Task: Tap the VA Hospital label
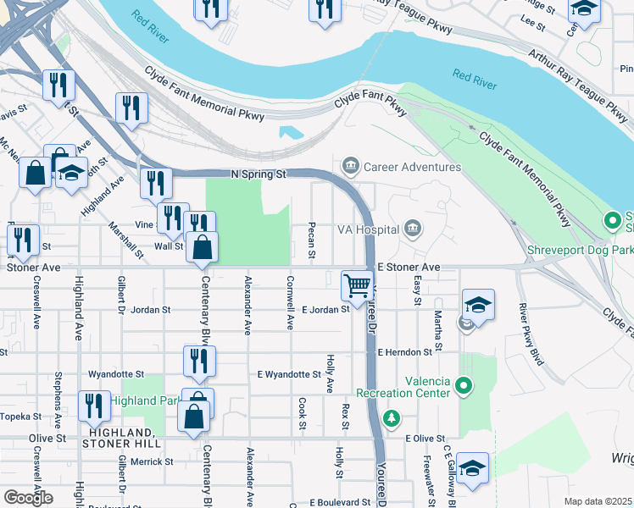(x=367, y=229)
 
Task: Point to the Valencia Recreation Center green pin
(x=463, y=387)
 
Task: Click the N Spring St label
(x=259, y=174)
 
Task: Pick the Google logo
(x=28, y=497)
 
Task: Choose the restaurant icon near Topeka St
(x=93, y=406)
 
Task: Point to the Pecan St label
(x=312, y=241)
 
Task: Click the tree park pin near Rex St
(x=391, y=417)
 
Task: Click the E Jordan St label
(x=325, y=310)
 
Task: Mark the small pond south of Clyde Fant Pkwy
(x=291, y=132)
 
